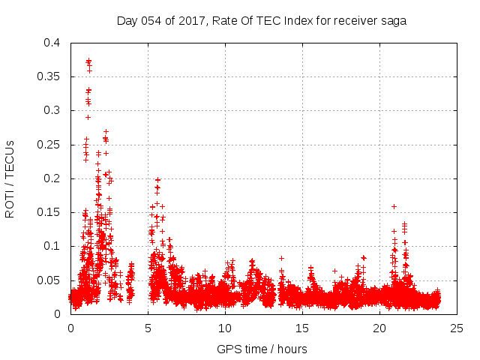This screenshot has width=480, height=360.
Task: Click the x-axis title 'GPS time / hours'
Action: (x=262, y=349)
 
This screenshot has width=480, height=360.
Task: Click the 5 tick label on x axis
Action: (x=148, y=328)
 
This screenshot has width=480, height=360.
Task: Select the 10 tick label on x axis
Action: (x=225, y=328)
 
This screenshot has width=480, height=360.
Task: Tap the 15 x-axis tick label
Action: (x=302, y=328)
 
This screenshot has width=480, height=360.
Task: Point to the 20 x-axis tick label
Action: (x=379, y=328)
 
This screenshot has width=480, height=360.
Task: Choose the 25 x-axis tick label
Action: (x=457, y=328)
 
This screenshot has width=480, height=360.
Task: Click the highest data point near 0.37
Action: (x=88, y=61)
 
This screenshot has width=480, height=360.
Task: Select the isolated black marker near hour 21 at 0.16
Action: (x=394, y=206)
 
